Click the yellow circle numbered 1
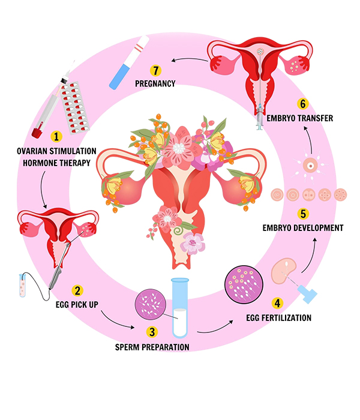pos(57,137)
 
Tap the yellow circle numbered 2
pos(77,290)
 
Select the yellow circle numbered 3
pos(152,331)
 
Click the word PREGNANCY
pos(154,84)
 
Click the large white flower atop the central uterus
pos(179,146)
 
